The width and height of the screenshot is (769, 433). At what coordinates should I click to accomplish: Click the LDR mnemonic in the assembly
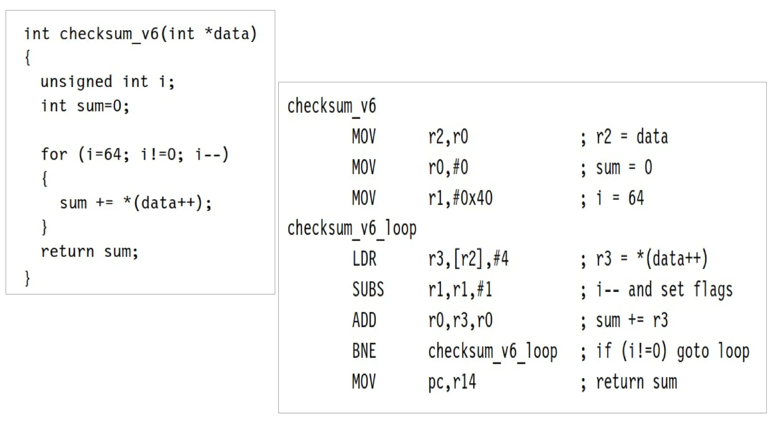coord(364,259)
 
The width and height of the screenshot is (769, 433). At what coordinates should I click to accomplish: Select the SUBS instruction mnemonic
coord(368,290)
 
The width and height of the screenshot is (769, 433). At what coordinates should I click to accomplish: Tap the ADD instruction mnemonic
coord(364,321)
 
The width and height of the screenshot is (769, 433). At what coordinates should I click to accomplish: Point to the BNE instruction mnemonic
coord(364,351)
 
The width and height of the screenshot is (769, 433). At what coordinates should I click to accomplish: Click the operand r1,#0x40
coord(460,198)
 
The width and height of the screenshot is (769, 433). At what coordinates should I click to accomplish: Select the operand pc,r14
coord(452,382)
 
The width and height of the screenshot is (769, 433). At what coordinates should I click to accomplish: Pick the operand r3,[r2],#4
coord(468,259)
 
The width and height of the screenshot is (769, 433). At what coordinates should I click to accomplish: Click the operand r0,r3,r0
coord(460,321)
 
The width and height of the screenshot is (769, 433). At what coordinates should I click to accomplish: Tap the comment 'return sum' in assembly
coord(636,382)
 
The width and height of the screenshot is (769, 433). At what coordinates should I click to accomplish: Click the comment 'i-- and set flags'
coord(664,290)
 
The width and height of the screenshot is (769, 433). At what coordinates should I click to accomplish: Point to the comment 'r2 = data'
coord(632,137)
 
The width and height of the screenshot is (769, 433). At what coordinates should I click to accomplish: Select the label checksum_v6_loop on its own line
coord(352,229)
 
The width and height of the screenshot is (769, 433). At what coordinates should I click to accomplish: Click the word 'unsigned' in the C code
coord(76,82)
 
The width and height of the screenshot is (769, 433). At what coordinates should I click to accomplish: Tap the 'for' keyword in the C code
coord(54,154)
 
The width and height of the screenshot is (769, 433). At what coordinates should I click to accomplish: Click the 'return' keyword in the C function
coord(67,251)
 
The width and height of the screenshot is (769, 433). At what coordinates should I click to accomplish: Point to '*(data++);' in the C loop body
coord(167,203)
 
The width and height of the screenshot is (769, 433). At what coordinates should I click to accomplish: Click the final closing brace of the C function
coord(27,279)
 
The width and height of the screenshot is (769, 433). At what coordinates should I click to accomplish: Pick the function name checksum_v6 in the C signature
coord(109,34)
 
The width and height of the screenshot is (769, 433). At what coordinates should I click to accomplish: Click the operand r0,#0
coord(448,168)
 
